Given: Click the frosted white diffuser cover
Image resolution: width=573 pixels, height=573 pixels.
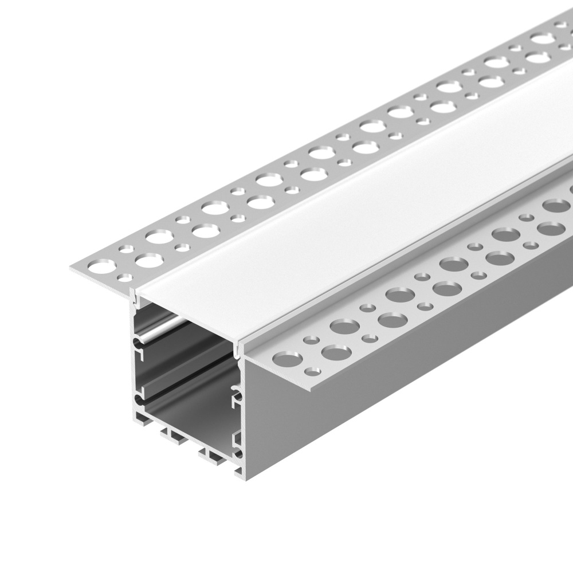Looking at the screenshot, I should tap(344, 218).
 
